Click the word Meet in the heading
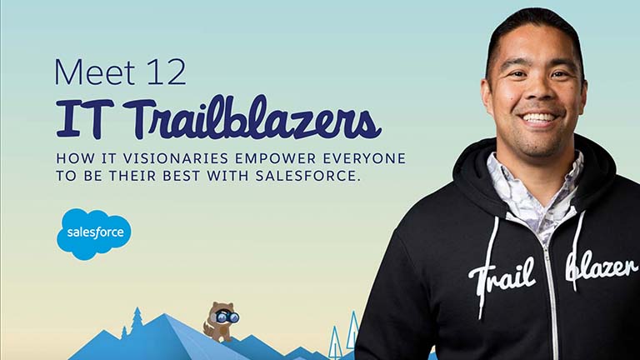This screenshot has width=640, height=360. [x=95, y=72]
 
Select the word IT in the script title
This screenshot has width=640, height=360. [x=85, y=118]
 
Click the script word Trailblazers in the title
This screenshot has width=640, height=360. [x=252, y=117]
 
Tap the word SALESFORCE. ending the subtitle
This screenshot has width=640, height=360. [x=308, y=176]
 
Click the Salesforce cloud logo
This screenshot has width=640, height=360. [x=94, y=234]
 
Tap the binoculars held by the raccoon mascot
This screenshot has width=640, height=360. [x=227, y=317]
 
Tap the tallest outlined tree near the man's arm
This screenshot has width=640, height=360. [x=352, y=331]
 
